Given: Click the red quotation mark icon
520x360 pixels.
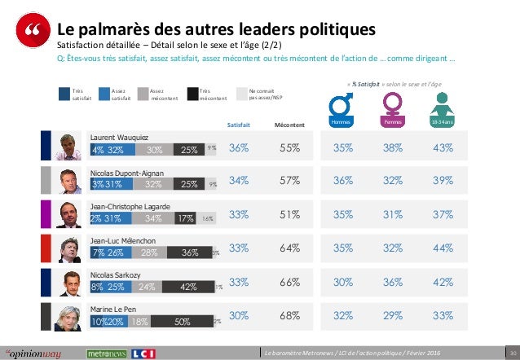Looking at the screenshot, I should point(32,33).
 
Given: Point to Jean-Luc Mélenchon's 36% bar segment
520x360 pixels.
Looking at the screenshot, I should point(189,252).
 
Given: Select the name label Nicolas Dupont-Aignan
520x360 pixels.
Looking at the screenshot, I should point(126,172).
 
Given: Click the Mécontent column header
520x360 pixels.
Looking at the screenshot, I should point(289,125).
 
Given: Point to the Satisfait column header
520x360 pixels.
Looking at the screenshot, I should point(239,125).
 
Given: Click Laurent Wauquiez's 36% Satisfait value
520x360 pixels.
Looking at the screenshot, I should point(239,148).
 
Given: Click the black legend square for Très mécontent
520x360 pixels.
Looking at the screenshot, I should point(192,94).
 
